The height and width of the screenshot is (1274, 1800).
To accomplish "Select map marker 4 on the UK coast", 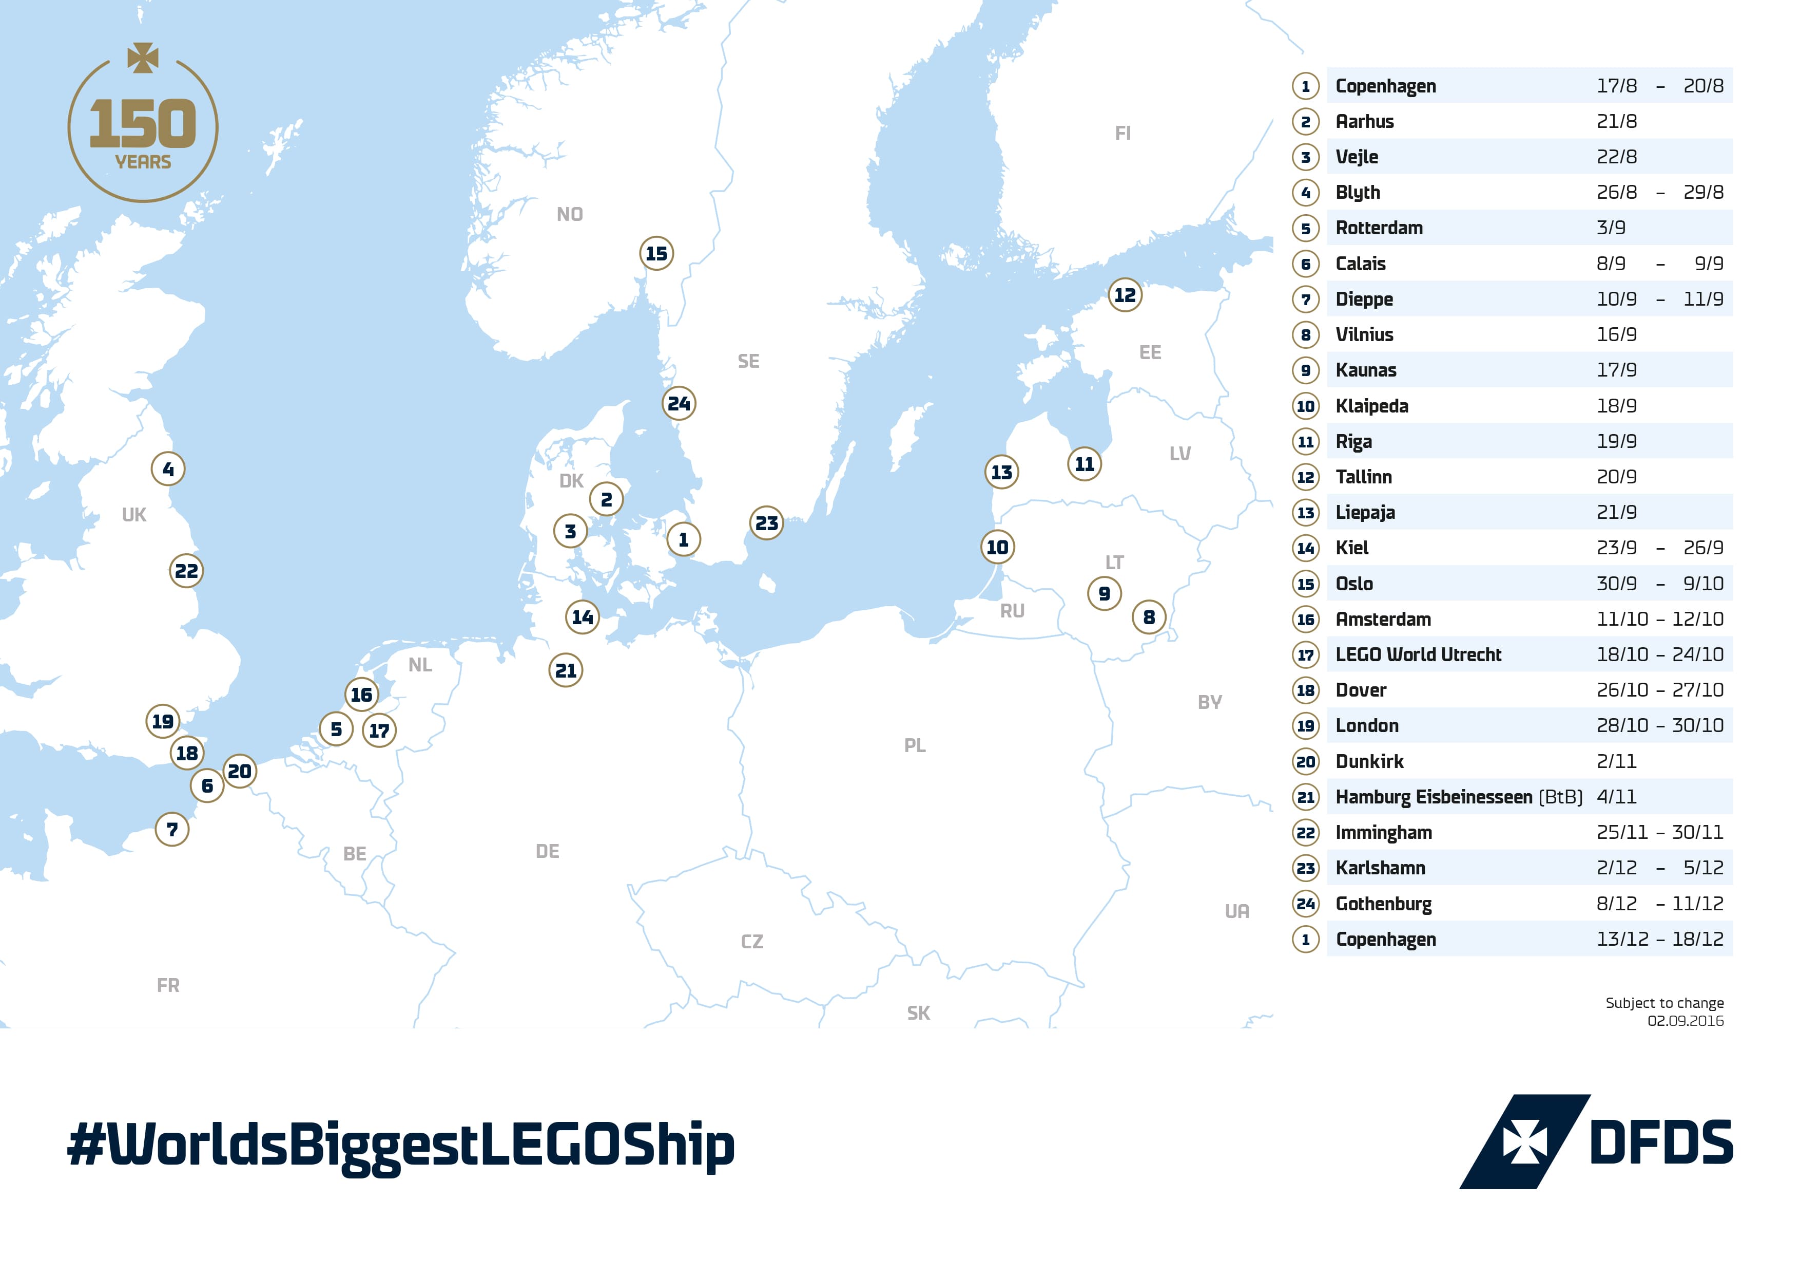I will click(x=168, y=469).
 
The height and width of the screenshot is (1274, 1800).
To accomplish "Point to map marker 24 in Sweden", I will click(x=679, y=404).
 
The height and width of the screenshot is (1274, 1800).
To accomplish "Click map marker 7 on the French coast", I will click(x=172, y=829).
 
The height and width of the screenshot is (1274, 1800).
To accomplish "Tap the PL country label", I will click(x=914, y=745).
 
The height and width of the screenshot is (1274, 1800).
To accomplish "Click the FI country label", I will click(x=1122, y=134).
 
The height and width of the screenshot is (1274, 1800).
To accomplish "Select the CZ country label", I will click(x=752, y=942).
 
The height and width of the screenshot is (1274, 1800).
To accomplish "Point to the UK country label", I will click(x=134, y=515).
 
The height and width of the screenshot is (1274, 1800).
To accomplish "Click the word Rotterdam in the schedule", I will click(x=1378, y=228).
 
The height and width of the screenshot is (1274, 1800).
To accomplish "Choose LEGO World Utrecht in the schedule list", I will click(x=1418, y=654).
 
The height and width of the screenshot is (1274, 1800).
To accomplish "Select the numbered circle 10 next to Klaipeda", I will click(x=1305, y=406).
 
